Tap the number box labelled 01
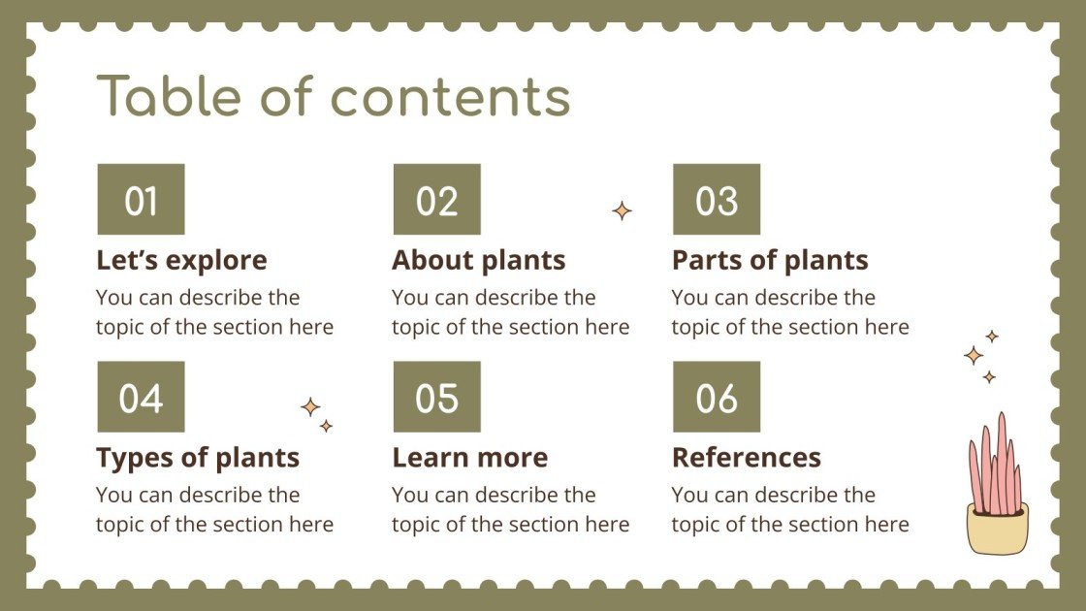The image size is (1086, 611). coord(141,200)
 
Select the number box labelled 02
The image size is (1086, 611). coord(436,200)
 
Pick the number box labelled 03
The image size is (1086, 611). coord(717,200)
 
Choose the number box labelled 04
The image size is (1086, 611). coord(141,397)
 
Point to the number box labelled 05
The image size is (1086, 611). coord(436,397)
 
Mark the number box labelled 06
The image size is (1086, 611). coord(717,397)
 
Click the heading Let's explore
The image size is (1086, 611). coord(181,260)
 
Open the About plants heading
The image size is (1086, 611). coord(478,260)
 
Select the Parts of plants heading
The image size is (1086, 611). coord(770,260)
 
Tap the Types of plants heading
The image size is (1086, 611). coord(198,457)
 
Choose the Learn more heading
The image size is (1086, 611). coord(469,457)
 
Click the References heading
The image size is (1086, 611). coord(746,457)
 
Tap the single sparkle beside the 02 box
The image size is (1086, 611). coord(622,210)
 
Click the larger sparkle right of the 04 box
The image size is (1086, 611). coord(310,407)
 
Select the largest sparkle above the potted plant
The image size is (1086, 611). coord(974,355)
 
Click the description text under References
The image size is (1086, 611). coord(789,510)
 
